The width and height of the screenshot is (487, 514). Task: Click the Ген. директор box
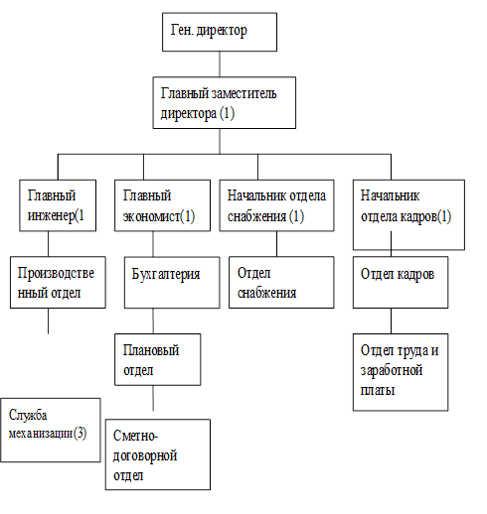(220, 32)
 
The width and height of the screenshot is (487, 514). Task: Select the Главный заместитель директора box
(224, 103)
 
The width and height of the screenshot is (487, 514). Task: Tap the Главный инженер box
(58, 205)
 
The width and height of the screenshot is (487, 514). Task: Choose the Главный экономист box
(162, 205)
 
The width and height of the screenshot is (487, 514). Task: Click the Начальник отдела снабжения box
(276, 205)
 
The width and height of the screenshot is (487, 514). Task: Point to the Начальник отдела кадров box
(408, 214)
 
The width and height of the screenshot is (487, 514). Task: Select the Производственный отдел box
(58, 282)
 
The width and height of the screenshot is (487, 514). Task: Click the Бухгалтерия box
(172, 283)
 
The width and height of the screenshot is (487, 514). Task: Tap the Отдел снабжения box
(281, 282)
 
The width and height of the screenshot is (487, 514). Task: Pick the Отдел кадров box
(401, 282)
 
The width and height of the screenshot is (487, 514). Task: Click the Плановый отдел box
(157, 359)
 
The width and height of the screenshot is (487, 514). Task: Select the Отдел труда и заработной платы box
(401, 372)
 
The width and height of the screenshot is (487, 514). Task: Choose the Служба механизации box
(51, 430)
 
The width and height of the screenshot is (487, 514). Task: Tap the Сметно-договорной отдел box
(158, 454)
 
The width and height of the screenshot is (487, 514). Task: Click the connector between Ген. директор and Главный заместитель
(220, 64)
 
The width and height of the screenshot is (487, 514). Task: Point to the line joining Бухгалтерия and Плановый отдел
(153, 321)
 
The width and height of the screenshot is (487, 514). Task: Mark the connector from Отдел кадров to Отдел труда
(391, 321)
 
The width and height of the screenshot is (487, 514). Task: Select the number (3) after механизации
(80, 433)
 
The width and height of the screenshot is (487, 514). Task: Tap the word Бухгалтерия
(166, 274)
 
